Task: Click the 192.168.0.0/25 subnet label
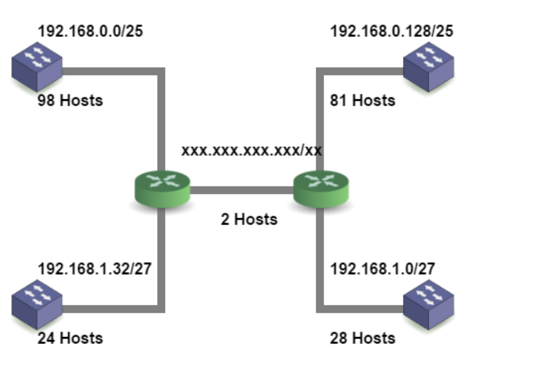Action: [90, 32]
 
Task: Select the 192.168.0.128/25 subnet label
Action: [391, 32]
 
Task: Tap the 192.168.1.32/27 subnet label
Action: [94, 269]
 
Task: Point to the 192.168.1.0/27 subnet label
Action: [382, 269]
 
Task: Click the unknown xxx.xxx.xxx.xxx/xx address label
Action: [252, 151]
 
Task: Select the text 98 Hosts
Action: [70, 100]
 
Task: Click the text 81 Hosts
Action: [363, 100]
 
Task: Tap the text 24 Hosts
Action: [70, 338]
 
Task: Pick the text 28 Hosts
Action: [363, 338]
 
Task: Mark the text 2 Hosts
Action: [249, 219]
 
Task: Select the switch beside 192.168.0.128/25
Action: [428, 67]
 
